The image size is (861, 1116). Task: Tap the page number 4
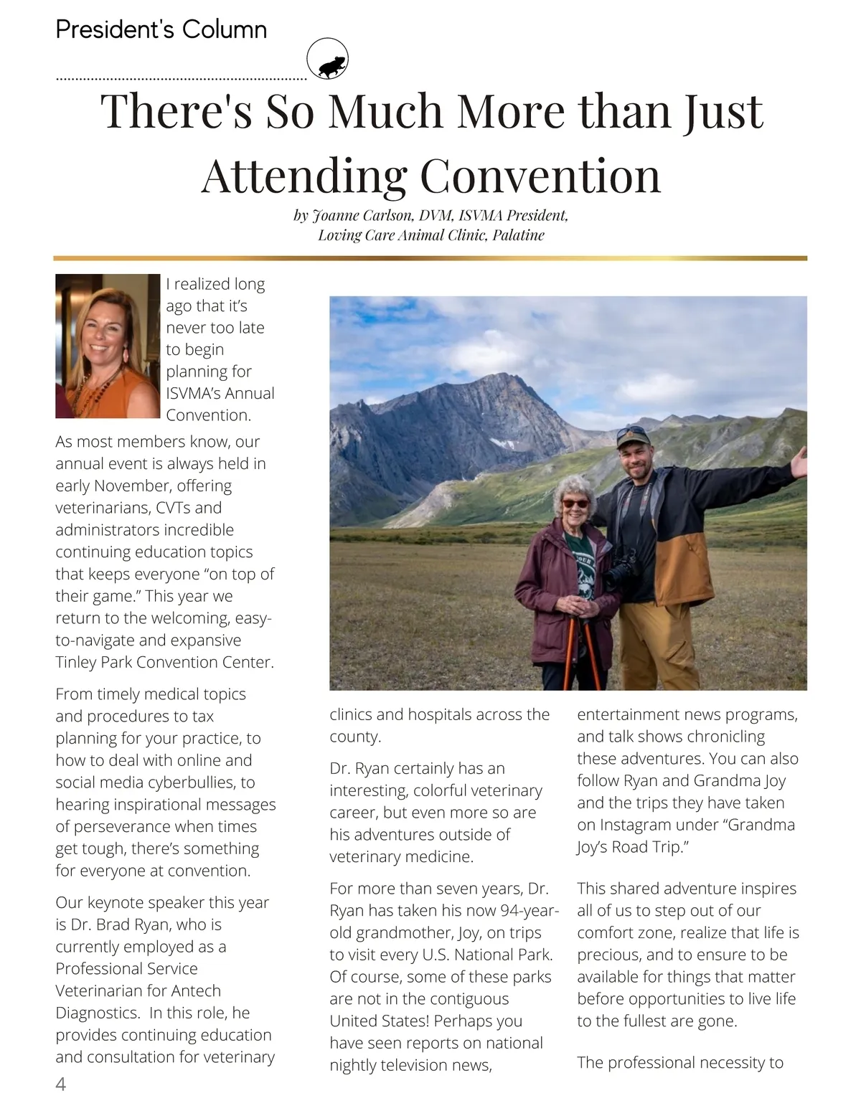(x=61, y=1084)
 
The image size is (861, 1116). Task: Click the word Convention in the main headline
(x=539, y=175)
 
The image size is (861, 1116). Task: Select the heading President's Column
(x=161, y=29)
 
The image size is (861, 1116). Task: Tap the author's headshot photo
(x=108, y=346)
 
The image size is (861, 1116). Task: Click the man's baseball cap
(x=633, y=436)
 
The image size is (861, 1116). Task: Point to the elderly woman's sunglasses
(x=575, y=503)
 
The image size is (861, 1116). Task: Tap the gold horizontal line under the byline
(x=430, y=257)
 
